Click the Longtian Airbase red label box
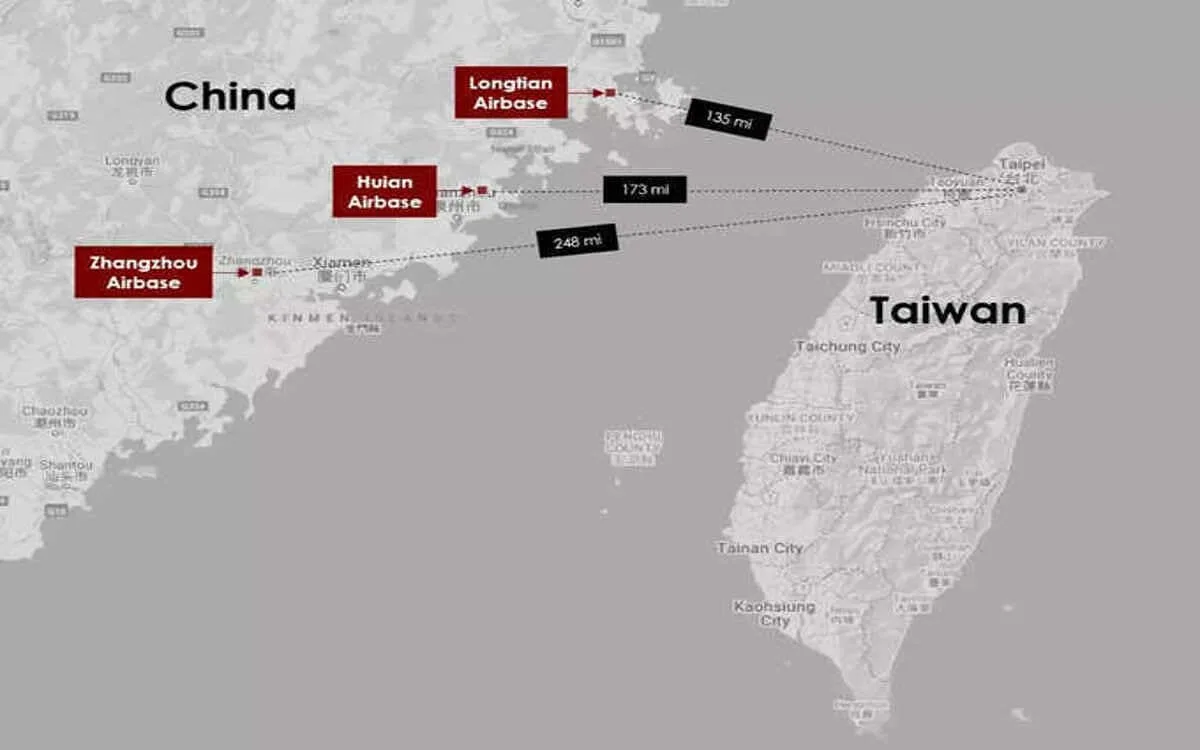click(x=510, y=92)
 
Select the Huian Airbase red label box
click(x=385, y=191)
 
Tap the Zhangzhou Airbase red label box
click(x=143, y=272)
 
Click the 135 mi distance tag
click(x=728, y=118)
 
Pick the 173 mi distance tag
click(x=644, y=189)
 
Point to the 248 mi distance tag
click(x=577, y=241)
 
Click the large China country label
click(x=230, y=97)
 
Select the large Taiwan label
click(x=947, y=310)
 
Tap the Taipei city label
click(x=1022, y=163)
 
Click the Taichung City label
click(x=847, y=346)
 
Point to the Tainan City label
click(x=759, y=548)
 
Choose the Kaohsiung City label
click(x=775, y=613)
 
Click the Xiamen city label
click(x=341, y=262)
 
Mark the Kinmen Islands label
click(x=361, y=318)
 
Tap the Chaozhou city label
click(x=54, y=411)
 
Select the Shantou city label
click(x=66, y=465)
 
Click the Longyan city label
click(x=132, y=160)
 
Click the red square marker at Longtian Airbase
click(x=610, y=92)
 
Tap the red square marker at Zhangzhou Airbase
click(x=257, y=272)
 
